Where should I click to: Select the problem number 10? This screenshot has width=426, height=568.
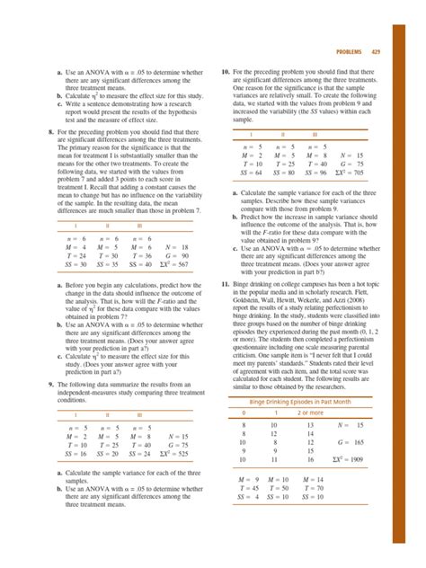tap(225, 69)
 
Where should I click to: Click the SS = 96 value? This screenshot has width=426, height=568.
tap(312, 174)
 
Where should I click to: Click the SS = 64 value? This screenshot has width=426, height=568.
tap(251, 174)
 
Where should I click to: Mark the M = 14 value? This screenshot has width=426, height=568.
tap(312, 480)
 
